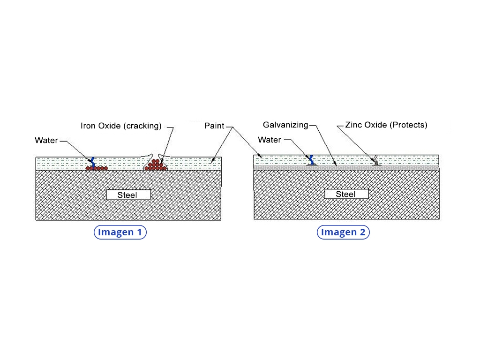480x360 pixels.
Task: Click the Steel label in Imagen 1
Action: (x=128, y=195)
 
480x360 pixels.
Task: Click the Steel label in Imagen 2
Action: (x=346, y=194)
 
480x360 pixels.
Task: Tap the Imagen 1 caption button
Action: (x=120, y=232)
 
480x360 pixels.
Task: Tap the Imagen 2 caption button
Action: (x=343, y=232)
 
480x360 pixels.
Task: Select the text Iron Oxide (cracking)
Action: (x=121, y=126)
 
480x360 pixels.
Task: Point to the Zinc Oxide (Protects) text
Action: (x=386, y=125)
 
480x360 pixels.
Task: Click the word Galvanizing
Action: (x=285, y=125)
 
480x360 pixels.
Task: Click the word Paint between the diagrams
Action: (x=214, y=126)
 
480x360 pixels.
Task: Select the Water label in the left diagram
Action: (x=46, y=140)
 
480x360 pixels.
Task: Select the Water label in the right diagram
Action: (x=270, y=140)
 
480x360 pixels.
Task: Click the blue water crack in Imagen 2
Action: (x=310, y=159)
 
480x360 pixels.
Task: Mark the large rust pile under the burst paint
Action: (x=156, y=165)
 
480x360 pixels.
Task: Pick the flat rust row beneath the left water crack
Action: (x=97, y=168)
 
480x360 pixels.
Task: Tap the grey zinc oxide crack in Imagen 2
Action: (x=375, y=161)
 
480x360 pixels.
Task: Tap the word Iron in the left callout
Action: (x=88, y=126)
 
